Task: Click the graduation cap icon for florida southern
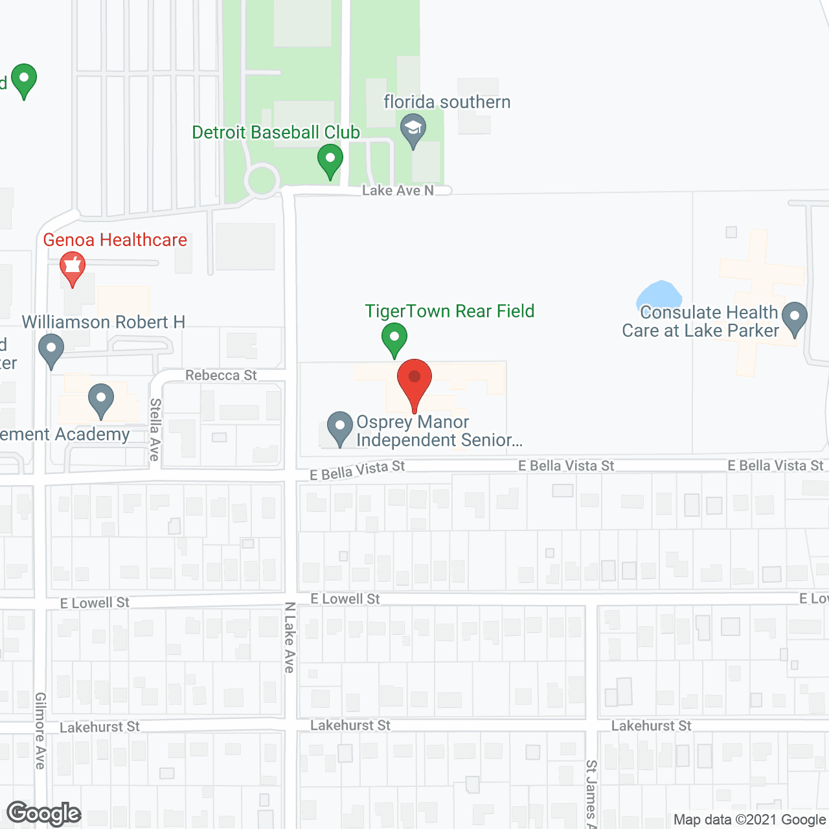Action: tap(413, 128)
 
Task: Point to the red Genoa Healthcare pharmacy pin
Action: tap(72, 266)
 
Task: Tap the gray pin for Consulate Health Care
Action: tap(794, 317)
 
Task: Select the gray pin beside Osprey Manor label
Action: tap(339, 427)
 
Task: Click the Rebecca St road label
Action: tap(221, 376)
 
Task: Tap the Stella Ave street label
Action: tap(155, 429)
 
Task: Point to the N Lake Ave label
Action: tap(290, 637)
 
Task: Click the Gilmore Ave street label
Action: tap(40, 731)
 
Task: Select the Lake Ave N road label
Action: tap(398, 190)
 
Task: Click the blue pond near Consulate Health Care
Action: tap(659, 296)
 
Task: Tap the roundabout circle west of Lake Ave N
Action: tap(262, 180)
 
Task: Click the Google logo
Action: tap(44, 813)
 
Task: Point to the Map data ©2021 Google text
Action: tap(750, 820)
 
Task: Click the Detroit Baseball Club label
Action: tap(276, 132)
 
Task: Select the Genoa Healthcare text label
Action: tap(115, 240)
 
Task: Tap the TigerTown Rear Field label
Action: tap(449, 312)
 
